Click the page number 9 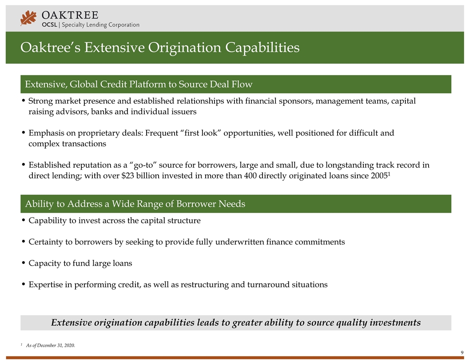coord(462,353)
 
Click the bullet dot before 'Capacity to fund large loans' coord(23,263)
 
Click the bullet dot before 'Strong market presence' coord(23,101)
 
